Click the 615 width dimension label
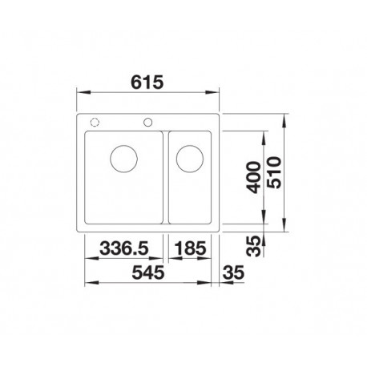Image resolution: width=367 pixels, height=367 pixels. coord(147,83)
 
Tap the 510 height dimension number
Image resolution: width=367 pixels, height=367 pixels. coord(274,172)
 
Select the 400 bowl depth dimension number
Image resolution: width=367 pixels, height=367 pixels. coord(254,177)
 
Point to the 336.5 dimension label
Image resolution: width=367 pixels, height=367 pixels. coord(123,248)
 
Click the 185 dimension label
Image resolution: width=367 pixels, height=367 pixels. coord(190,248)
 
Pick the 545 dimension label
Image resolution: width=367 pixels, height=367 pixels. coord(148,272)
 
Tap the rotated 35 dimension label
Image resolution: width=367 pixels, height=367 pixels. coord(253,246)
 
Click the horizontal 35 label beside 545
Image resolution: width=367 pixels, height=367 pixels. coord(233,272)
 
